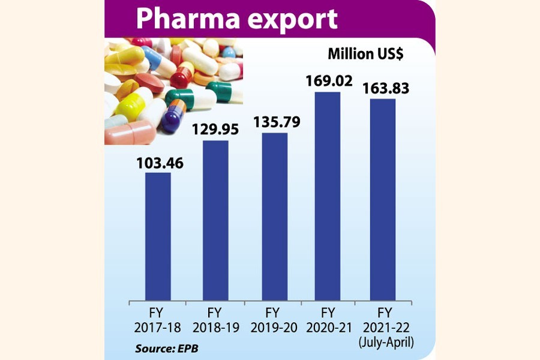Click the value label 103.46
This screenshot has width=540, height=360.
158,162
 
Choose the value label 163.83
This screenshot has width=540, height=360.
384,88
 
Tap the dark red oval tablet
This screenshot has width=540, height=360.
149,82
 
